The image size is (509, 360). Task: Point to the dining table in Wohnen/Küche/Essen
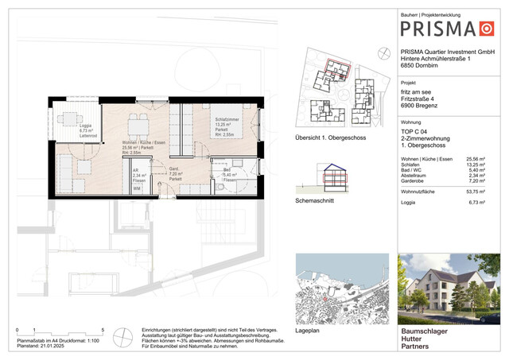click(x=138, y=123)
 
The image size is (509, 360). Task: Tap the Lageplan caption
click(x=307, y=315)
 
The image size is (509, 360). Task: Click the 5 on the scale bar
click(x=103, y=329)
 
